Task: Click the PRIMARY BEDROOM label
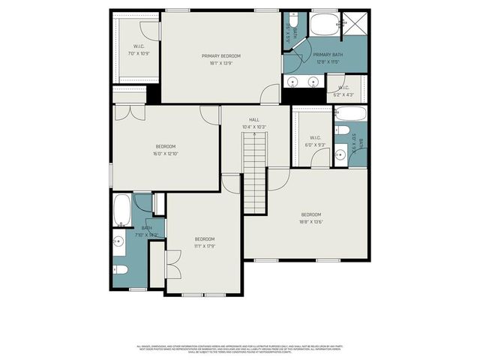click(x=221, y=56)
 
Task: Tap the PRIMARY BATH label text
click(x=327, y=55)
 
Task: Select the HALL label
click(x=254, y=119)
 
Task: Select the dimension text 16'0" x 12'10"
click(x=165, y=154)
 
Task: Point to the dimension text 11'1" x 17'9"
click(x=205, y=246)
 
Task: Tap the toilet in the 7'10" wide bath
click(x=121, y=270)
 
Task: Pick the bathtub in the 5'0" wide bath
click(x=350, y=115)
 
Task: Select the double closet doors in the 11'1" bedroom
click(x=172, y=263)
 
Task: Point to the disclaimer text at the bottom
click(x=240, y=349)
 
